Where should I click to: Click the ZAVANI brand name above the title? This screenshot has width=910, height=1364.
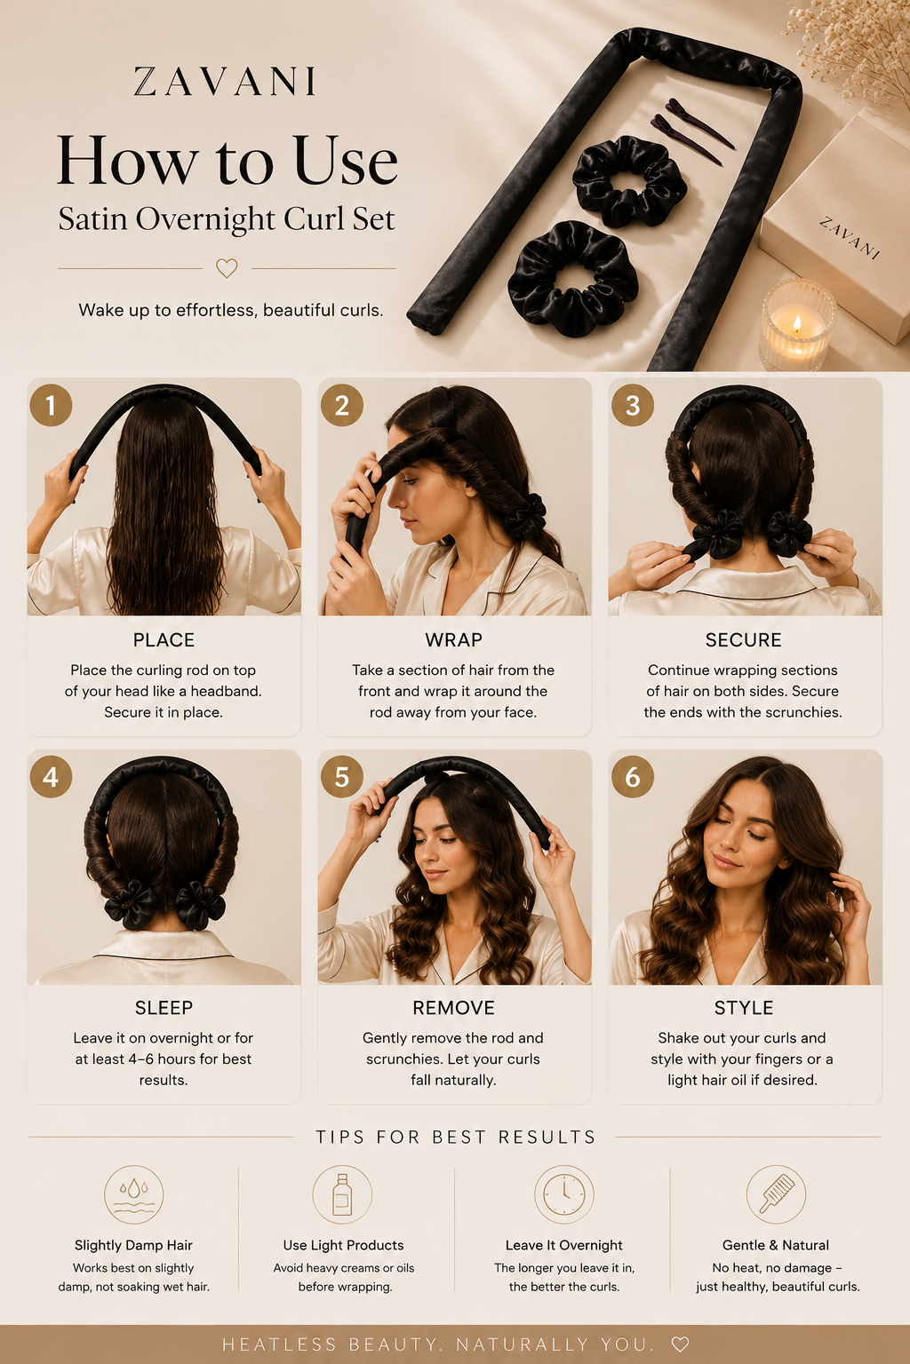224,82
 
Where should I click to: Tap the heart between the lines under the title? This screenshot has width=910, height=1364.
227,268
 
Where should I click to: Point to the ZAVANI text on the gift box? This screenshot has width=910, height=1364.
849,238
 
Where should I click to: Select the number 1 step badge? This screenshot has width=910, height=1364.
51,405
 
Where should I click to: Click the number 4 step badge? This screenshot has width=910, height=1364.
51,776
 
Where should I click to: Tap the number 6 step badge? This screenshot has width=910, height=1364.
633,776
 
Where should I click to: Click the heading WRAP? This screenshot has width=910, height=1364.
453,640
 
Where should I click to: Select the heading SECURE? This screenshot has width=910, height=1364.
743,640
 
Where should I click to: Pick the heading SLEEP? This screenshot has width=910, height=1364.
164,1008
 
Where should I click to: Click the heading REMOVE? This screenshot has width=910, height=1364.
453,1008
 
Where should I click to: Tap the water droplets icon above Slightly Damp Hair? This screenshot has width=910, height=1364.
133,1194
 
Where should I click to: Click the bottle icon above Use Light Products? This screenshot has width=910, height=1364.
342,1194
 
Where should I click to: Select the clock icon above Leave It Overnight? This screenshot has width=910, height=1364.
563,1194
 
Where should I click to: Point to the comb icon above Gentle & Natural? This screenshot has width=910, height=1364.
776,1194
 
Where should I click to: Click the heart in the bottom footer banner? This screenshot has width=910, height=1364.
680,1344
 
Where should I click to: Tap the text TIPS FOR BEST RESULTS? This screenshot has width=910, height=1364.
455,1137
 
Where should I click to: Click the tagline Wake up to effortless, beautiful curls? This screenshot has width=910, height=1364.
231,311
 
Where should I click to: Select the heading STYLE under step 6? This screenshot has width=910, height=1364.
744,1008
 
